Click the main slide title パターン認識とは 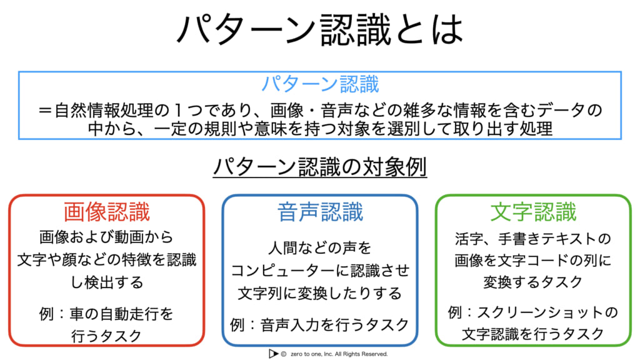coord(320,29)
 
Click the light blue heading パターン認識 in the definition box coord(320,84)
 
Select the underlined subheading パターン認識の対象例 coord(320,167)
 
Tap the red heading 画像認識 coord(106,212)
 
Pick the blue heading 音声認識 coord(320,212)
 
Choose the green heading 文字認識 coord(534,212)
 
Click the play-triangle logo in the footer coord(273,354)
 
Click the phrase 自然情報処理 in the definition coord(104,110)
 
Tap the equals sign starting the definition coord(45,110)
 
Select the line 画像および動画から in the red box coord(106,237)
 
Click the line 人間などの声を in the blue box coord(320,247)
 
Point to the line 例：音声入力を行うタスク coord(319,325)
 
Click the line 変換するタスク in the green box coord(533,282)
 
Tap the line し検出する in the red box coord(106,282)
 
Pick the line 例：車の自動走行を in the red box coord(106,314)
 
